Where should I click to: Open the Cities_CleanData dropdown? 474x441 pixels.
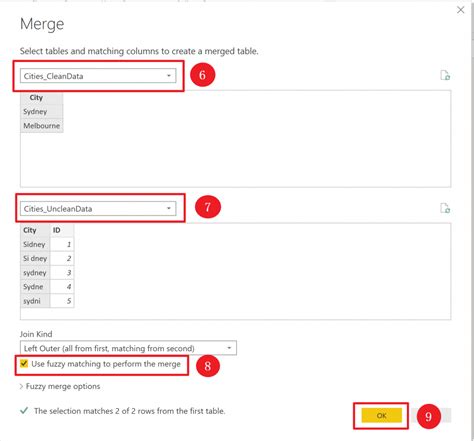tap(98, 75)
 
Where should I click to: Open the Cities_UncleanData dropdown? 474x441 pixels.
tap(98, 208)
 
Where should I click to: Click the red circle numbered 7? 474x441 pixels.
tap(207, 208)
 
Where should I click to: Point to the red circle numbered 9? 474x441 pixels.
tap(428, 414)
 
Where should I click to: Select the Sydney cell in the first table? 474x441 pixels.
tap(35, 112)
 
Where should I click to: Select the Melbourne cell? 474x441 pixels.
tap(42, 126)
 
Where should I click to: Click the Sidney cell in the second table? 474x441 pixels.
tap(34, 244)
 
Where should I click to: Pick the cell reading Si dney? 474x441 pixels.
tap(35, 258)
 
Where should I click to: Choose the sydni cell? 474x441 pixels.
tap(33, 300)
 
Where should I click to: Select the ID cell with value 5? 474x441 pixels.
tap(61, 300)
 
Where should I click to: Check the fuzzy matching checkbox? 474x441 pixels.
tap(25, 364)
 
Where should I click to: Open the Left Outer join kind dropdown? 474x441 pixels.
tap(128, 348)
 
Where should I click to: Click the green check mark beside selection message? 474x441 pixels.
tap(24, 410)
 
